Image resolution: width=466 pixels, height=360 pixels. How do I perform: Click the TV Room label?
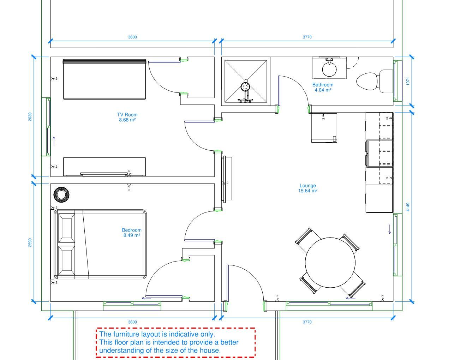[127, 115]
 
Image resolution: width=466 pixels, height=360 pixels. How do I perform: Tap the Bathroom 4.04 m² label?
[323, 88]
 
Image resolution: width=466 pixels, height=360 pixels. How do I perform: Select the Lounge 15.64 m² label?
[308, 188]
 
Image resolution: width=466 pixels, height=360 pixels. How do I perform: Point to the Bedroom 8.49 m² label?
[132, 233]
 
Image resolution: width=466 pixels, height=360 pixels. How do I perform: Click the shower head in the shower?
[246, 86]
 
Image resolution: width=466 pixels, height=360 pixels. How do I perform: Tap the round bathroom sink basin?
[329, 70]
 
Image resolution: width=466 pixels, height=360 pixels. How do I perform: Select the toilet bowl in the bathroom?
[367, 82]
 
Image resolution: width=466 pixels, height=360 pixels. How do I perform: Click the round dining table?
[330, 263]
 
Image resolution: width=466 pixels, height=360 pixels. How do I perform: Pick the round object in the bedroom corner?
[61, 195]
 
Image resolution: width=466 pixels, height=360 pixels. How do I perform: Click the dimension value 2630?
[30, 116]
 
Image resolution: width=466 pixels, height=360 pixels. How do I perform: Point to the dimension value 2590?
[30, 242]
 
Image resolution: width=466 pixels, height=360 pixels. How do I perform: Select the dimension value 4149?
[408, 207]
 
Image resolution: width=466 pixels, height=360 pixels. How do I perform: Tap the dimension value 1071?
[408, 81]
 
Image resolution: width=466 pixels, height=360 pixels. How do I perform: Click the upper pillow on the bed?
[67, 228]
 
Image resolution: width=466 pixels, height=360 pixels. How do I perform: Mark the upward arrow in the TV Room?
[54, 141]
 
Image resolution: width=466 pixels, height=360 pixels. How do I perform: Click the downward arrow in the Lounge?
[390, 229]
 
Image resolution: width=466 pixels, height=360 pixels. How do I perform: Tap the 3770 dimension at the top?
[307, 37]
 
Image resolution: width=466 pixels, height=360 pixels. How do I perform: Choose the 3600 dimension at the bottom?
[132, 322]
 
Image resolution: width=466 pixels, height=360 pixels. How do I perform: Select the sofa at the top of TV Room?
[104, 79]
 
